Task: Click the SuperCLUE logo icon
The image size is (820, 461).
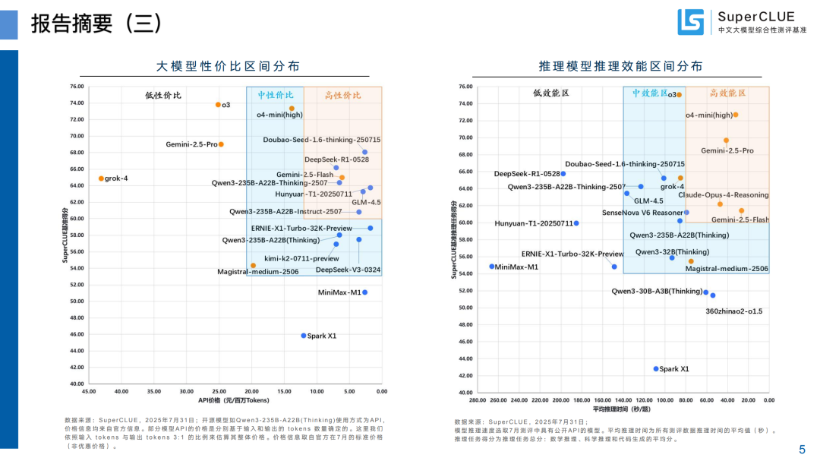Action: (690, 22)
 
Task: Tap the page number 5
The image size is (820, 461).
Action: (802, 449)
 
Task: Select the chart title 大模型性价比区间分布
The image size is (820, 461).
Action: (228, 66)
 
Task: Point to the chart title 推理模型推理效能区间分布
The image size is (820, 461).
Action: (620, 66)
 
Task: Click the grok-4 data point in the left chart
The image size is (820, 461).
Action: (101, 178)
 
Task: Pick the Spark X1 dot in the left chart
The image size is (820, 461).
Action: (304, 335)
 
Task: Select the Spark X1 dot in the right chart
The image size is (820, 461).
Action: (656, 368)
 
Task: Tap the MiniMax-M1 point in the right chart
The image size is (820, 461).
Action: (492, 267)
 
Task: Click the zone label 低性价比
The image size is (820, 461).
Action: (163, 96)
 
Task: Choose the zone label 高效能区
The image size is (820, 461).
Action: (727, 93)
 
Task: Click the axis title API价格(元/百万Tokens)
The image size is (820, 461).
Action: (234, 400)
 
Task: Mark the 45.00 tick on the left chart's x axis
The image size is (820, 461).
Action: (89, 391)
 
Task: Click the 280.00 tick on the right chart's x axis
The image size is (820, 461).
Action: (478, 399)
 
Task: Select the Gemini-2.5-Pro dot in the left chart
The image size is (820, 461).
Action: (221, 144)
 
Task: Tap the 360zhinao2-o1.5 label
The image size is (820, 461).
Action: (733, 311)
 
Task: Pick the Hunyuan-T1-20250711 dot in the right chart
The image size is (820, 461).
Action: (576, 223)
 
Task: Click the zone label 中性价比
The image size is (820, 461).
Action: (275, 96)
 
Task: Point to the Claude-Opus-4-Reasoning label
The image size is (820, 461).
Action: (723, 195)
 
